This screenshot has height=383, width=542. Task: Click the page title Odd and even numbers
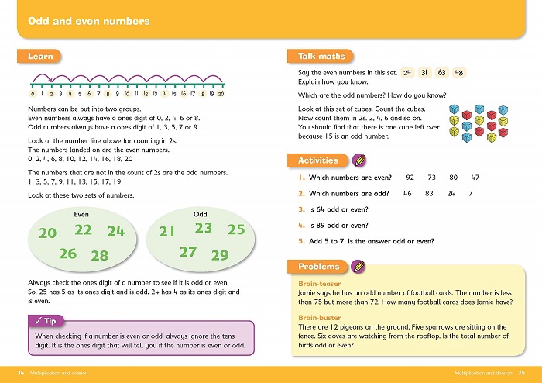[x=88, y=21]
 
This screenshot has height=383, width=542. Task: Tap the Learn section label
[x=39, y=57]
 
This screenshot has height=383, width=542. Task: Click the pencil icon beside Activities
[x=358, y=160]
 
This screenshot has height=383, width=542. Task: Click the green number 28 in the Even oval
[x=99, y=255]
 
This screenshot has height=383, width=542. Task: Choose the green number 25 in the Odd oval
[x=236, y=229]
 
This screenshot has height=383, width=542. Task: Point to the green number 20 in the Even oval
[x=48, y=233]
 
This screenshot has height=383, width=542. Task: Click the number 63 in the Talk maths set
[x=443, y=73]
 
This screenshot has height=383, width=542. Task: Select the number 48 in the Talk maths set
[x=460, y=73]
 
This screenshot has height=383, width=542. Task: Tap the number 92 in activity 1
[x=410, y=178]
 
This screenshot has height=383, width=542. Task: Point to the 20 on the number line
[x=221, y=94]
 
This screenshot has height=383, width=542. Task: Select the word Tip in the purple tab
[x=50, y=321]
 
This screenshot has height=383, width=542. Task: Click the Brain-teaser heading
[x=319, y=284]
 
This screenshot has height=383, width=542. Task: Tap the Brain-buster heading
[x=320, y=319]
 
